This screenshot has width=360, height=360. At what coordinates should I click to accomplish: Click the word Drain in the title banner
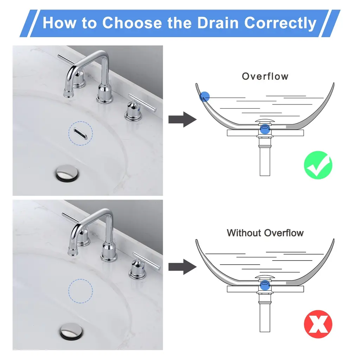click(218, 23)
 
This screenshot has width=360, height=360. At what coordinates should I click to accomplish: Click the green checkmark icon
click(318, 165)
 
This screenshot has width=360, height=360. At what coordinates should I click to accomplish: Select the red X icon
click(318, 324)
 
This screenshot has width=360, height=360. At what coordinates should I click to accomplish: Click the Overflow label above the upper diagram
click(265, 76)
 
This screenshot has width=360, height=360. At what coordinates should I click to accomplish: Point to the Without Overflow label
click(265, 233)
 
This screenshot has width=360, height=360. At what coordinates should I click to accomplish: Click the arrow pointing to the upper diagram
click(182, 120)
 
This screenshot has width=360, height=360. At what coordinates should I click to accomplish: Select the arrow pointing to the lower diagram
click(182, 267)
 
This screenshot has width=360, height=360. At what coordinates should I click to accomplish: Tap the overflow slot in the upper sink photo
click(81, 134)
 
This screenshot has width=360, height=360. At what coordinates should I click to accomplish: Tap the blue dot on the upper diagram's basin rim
click(205, 96)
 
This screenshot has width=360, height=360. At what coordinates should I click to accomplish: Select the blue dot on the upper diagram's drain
click(265, 129)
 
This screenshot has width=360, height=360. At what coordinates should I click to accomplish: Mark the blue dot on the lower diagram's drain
click(265, 285)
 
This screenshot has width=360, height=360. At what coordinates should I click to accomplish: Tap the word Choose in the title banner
click(132, 23)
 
